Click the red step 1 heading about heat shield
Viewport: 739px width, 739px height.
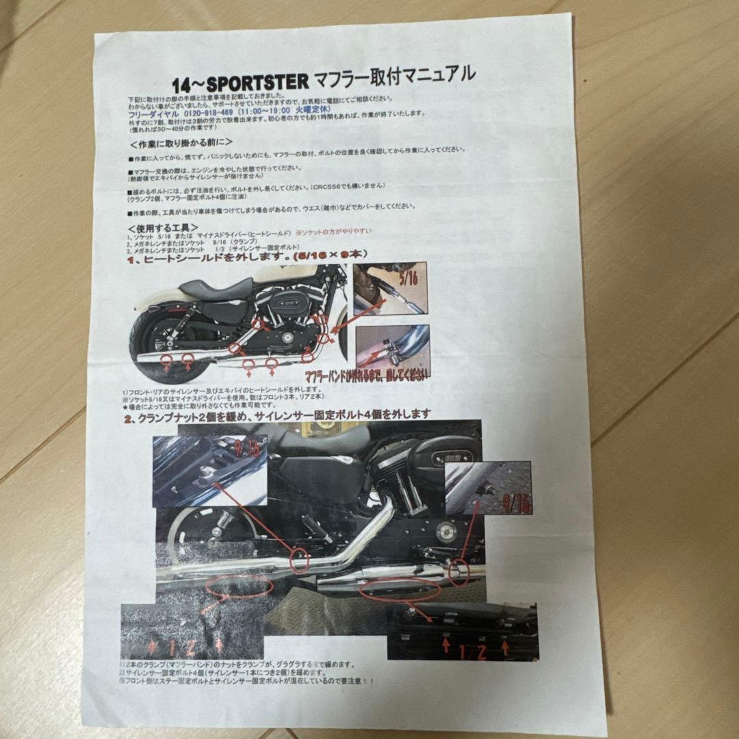[x=246, y=256]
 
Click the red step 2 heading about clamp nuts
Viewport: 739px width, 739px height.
[x=277, y=414]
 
